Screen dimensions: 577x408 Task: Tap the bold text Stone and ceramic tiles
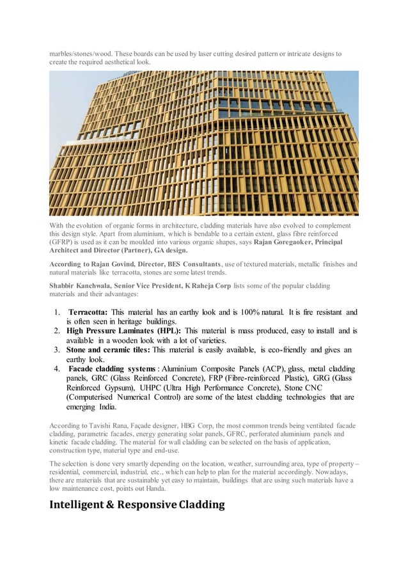[x=108, y=350]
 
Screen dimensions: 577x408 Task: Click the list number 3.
[x=57, y=350]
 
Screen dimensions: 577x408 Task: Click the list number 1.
[x=57, y=312]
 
